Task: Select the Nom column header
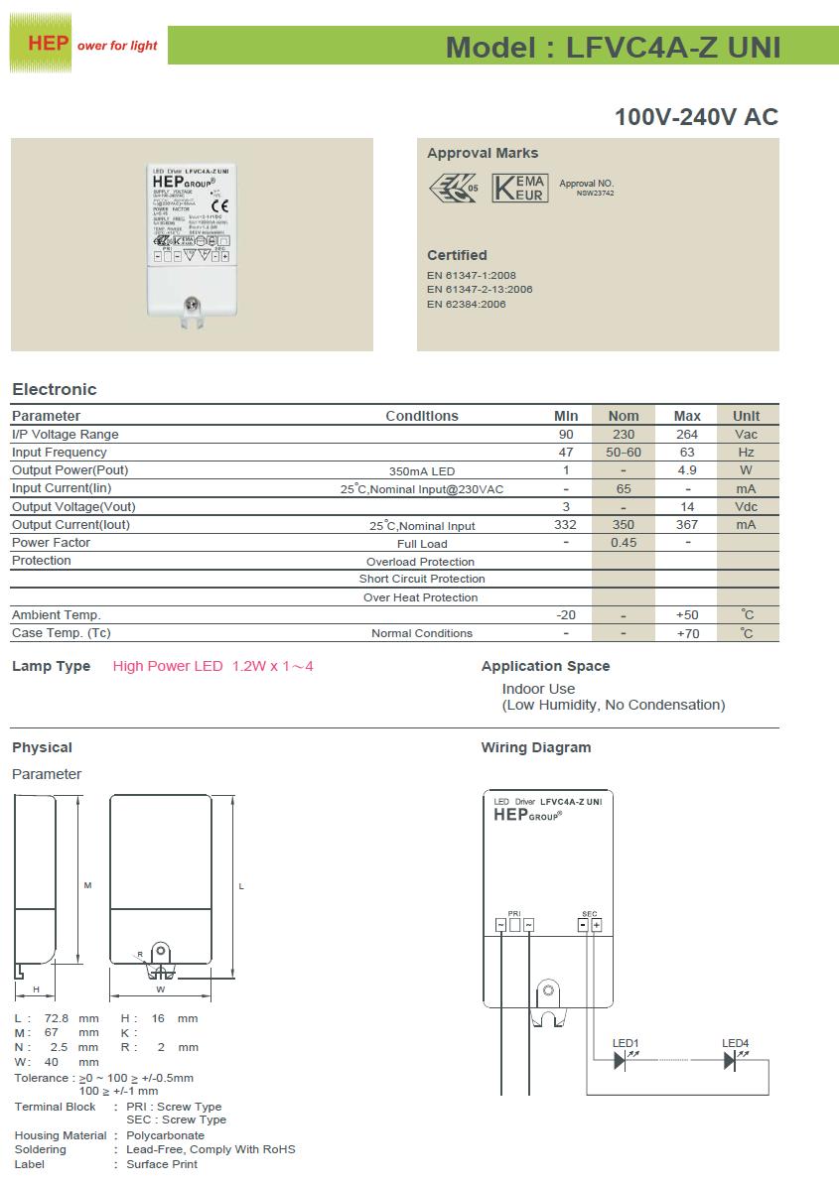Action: (x=624, y=416)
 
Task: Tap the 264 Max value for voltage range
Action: (x=687, y=434)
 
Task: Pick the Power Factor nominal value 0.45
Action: (x=624, y=543)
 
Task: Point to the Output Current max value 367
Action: (x=687, y=525)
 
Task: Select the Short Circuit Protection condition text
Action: (x=422, y=579)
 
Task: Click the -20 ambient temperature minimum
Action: (x=566, y=615)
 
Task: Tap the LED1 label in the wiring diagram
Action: (x=626, y=1043)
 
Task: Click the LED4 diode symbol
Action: (x=731, y=1061)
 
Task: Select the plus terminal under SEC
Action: (x=597, y=925)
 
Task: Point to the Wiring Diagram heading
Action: (x=535, y=747)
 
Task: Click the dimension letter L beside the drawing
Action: (x=241, y=886)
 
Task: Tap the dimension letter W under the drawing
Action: (x=160, y=989)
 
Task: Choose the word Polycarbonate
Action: (x=165, y=1134)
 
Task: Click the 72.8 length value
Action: (x=60, y=1018)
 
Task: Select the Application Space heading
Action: (x=545, y=666)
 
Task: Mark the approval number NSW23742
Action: (x=595, y=194)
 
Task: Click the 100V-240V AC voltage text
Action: (x=696, y=117)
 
